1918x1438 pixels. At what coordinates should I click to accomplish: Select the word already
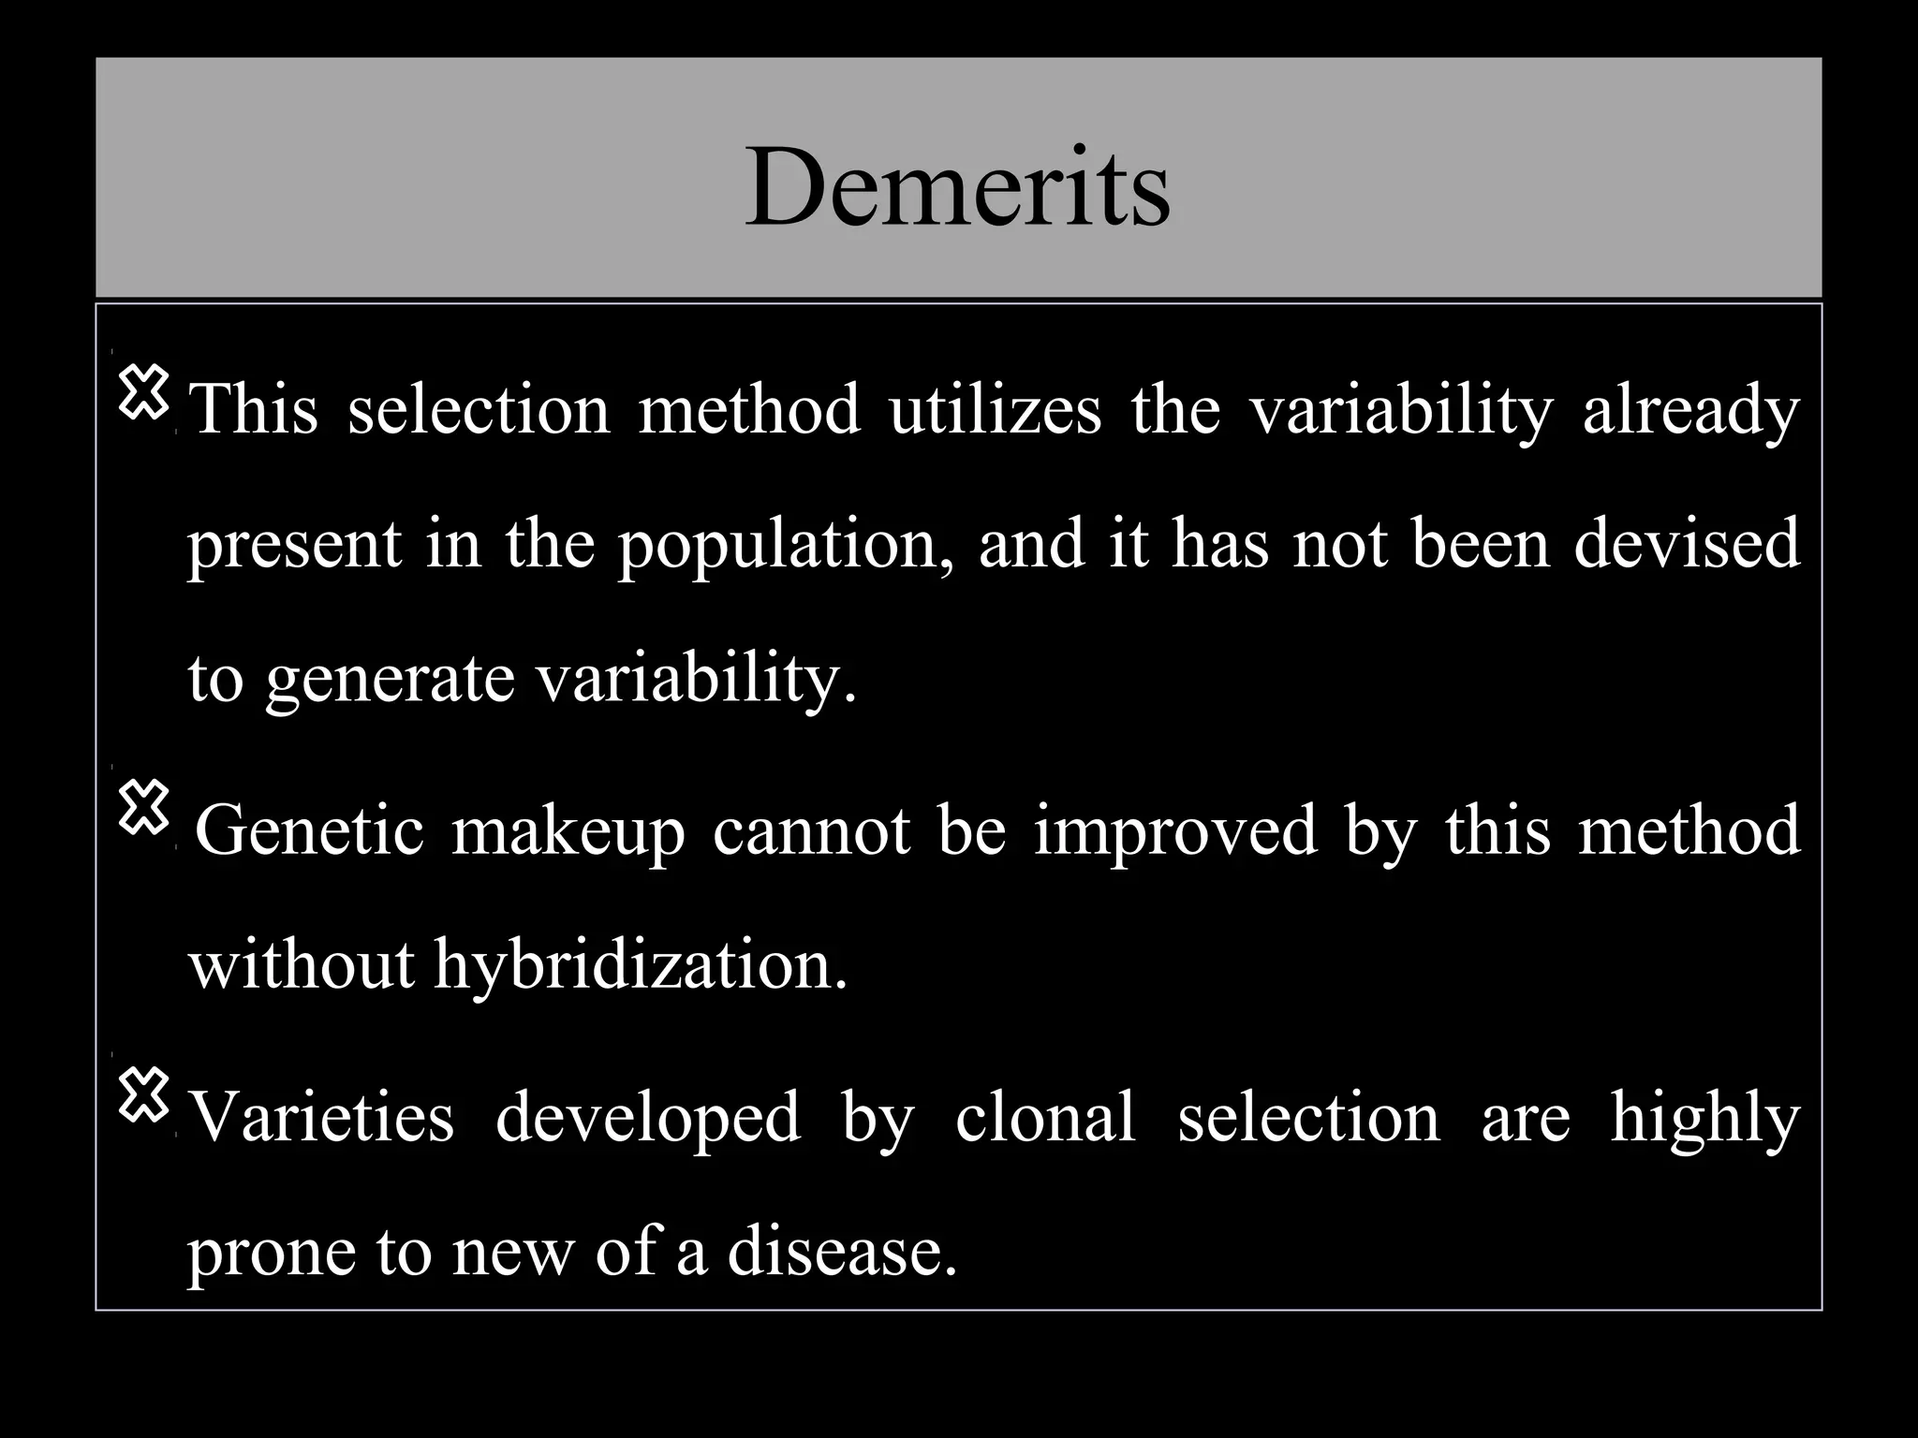[1690, 412]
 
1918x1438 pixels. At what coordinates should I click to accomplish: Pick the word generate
[390, 680]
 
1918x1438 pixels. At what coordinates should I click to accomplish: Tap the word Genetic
[309, 830]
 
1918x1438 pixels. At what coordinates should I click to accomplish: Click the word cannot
[811, 830]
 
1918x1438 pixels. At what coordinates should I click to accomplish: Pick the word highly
[1704, 1120]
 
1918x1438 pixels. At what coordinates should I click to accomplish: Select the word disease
[842, 1252]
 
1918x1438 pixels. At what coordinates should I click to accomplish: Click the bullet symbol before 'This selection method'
[143, 392]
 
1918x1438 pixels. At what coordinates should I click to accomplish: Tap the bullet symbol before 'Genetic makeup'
[143, 808]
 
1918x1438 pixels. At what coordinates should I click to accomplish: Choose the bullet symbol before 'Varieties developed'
[143, 1096]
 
